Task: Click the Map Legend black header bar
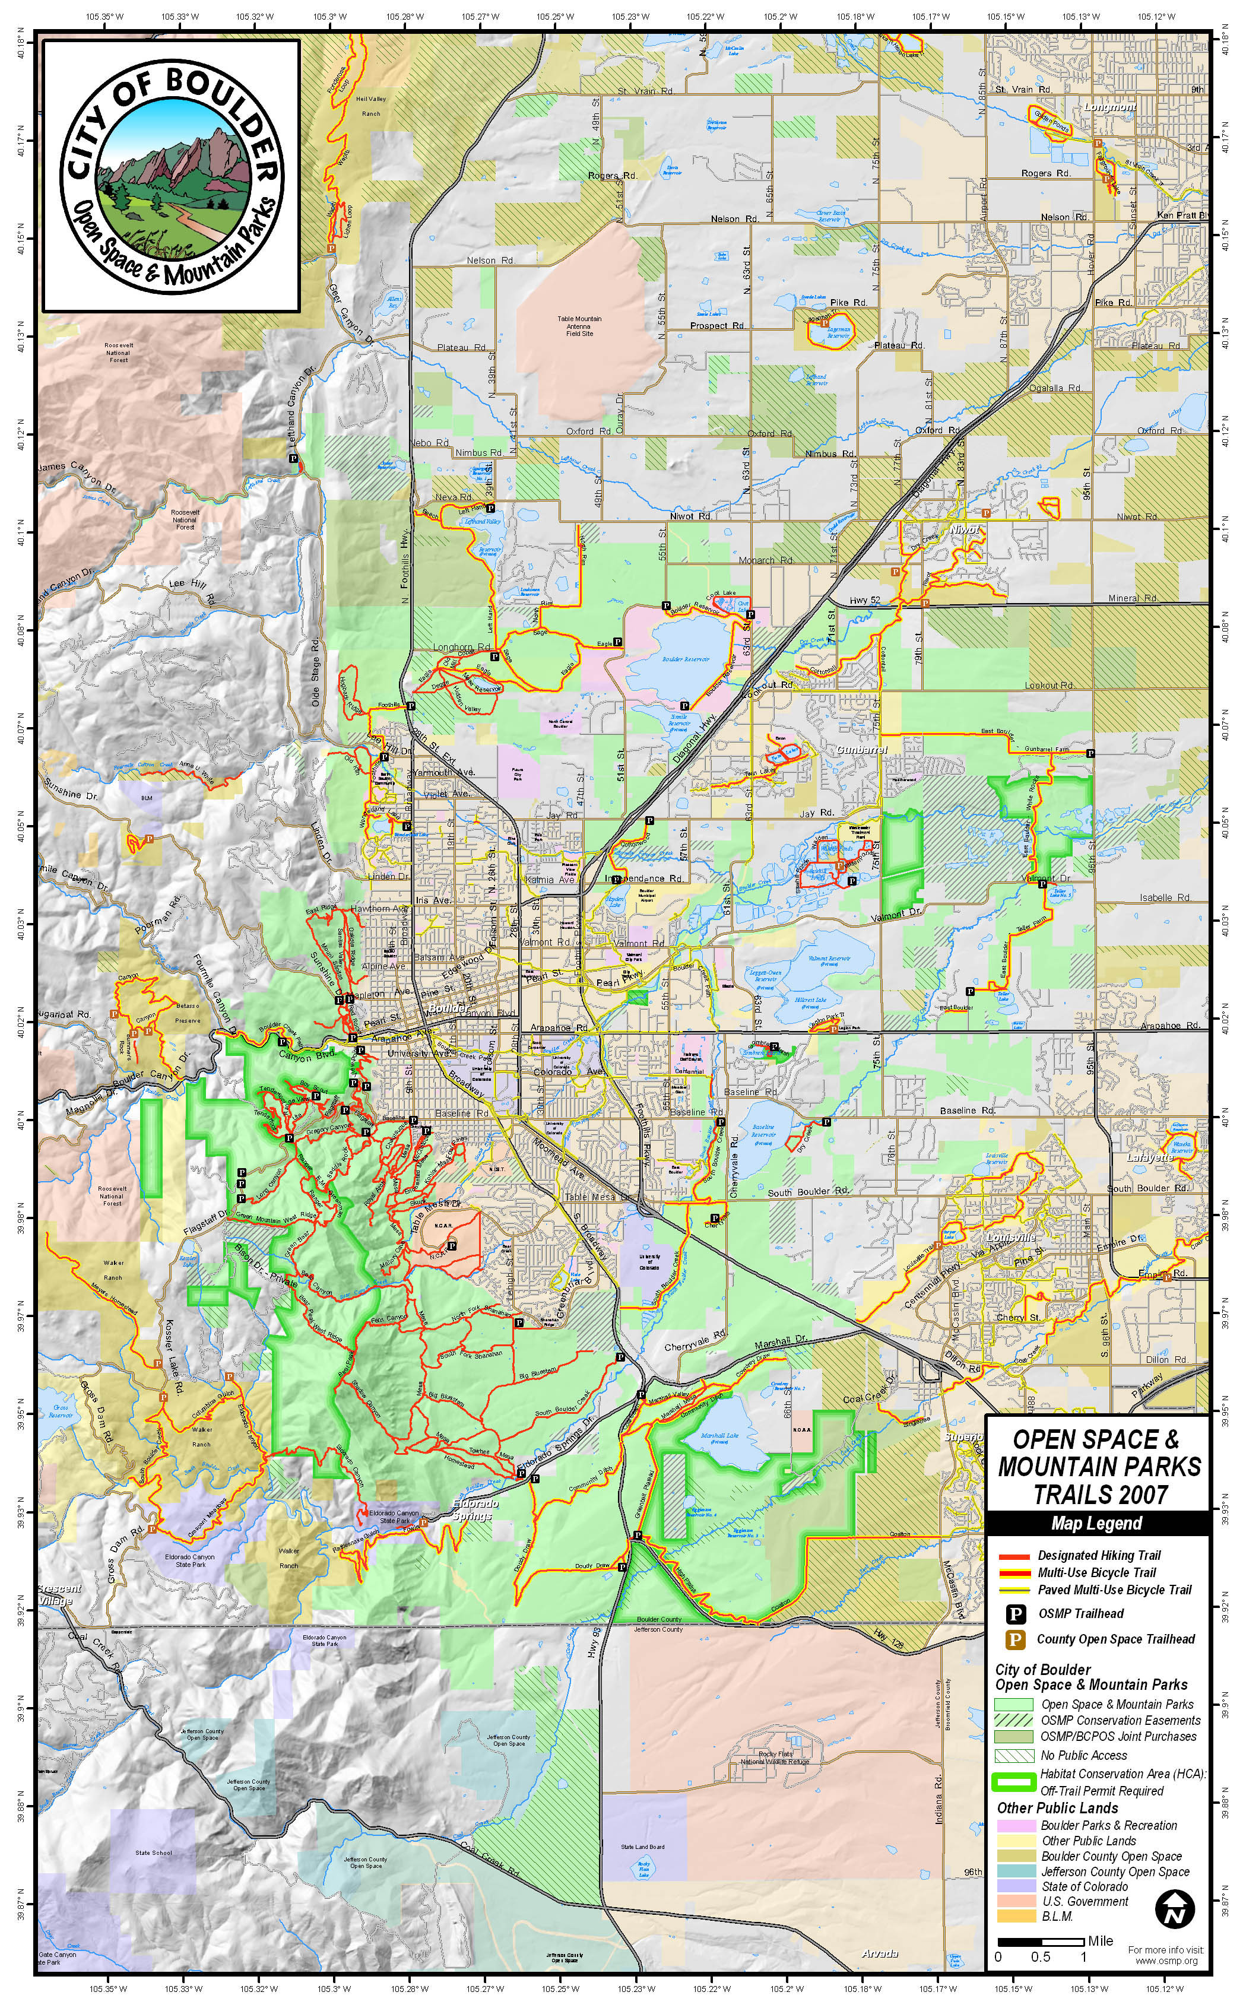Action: pyautogui.click(x=1096, y=1523)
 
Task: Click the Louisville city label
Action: pyautogui.click(x=1011, y=1237)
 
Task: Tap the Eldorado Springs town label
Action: pyautogui.click(x=473, y=1511)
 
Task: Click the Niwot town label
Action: pyautogui.click(x=966, y=529)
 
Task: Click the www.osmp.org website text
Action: pyautogui.click(x=1166, y=1961)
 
